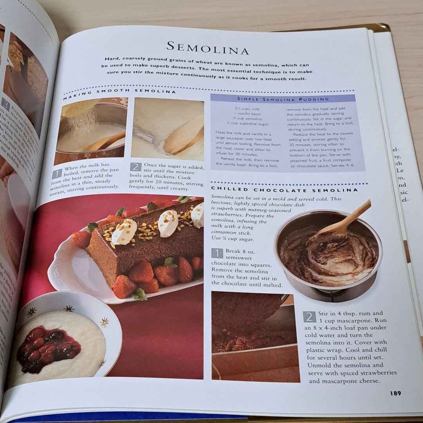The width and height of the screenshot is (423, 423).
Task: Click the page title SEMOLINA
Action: tap(208, 49)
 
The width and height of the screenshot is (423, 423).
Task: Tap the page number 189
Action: tap(395, 393)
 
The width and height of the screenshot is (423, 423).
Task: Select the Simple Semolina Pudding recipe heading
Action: tap(283, 99)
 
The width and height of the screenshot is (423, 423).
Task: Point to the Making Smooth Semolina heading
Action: tap(119, 92)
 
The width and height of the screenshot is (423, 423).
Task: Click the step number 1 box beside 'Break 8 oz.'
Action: tap(217, 253)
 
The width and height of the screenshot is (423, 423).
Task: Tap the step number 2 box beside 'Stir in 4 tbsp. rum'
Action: tap(309, 316)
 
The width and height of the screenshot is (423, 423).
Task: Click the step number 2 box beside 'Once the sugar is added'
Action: tap(136, 167)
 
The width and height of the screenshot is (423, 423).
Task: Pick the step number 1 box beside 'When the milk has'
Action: tap(57, 174)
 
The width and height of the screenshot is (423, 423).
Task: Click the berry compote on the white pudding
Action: tap(47, 345)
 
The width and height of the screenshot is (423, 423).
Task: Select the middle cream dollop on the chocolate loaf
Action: tap(168, 224)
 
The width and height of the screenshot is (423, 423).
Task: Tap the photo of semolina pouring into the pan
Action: tap(91, 131)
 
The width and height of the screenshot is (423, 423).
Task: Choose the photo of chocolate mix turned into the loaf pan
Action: tap(255, 336)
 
